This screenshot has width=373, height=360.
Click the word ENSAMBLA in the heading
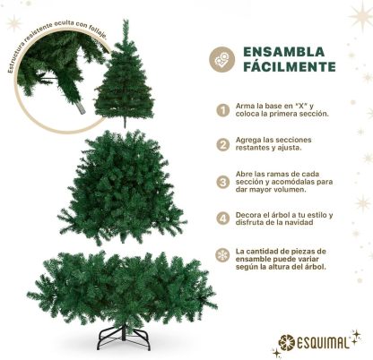(x=283, y=52)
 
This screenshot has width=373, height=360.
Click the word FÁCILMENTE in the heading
(x=290, y=66)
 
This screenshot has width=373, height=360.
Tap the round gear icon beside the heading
(x=221, y=59)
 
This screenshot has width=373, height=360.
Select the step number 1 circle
(x=223, y=110)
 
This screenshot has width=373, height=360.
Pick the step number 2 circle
(x=223, y=144)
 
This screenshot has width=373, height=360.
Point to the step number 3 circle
(x=223, y=182)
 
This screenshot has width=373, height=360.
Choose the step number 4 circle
(x=223, y=219)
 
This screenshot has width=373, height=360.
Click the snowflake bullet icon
(x=222, y=254)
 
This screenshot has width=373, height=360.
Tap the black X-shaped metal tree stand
(x=125, y=338)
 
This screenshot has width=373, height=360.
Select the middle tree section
(x=121, y=186)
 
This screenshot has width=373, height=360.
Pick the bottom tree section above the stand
(x=122, y=288)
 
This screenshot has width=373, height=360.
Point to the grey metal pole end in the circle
(x=81, y=108)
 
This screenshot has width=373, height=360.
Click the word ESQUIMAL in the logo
(x=323, y=343)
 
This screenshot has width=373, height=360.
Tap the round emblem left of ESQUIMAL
(x=286, y=342)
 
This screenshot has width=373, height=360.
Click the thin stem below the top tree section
(x=125, y=123)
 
